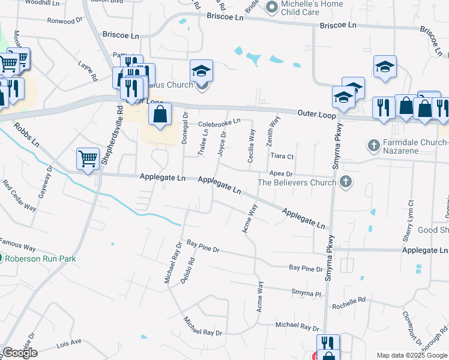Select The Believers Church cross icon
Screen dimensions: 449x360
coord(345,182)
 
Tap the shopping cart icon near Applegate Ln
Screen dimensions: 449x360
coord(88,159)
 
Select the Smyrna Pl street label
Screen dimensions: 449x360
coord(307,295)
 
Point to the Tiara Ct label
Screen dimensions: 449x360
coord(282,157)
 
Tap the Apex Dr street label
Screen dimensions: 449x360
coord(280,173)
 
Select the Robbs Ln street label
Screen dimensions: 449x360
coord(27,136)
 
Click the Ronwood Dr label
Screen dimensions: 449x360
coord(65,21)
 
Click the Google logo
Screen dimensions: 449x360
coord(20,352)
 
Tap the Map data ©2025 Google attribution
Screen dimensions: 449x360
coord(411,355)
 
